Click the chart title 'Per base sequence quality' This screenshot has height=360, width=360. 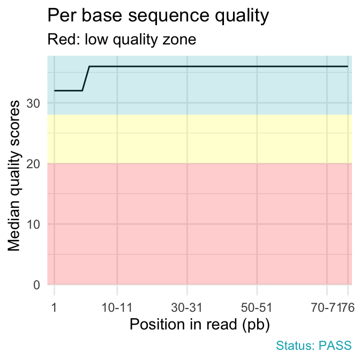tap(157, 16)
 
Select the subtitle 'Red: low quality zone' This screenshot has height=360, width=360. tap(122, 40)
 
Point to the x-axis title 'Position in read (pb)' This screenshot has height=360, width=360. tap(199, 324)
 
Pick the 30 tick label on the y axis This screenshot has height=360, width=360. tap(35, 103)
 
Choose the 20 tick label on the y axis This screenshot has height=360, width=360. tap(35, 163)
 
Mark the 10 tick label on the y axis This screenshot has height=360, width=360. tap(35, 224)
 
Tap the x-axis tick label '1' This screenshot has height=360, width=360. tap(54, 307)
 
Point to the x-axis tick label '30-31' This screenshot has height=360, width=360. tap(187, 307)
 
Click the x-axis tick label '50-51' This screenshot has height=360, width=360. tap(257, 307)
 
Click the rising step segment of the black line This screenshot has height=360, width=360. tap(86, 79)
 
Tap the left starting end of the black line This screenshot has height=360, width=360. tap(55, 91)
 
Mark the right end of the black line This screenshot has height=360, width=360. tap(348, 66)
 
